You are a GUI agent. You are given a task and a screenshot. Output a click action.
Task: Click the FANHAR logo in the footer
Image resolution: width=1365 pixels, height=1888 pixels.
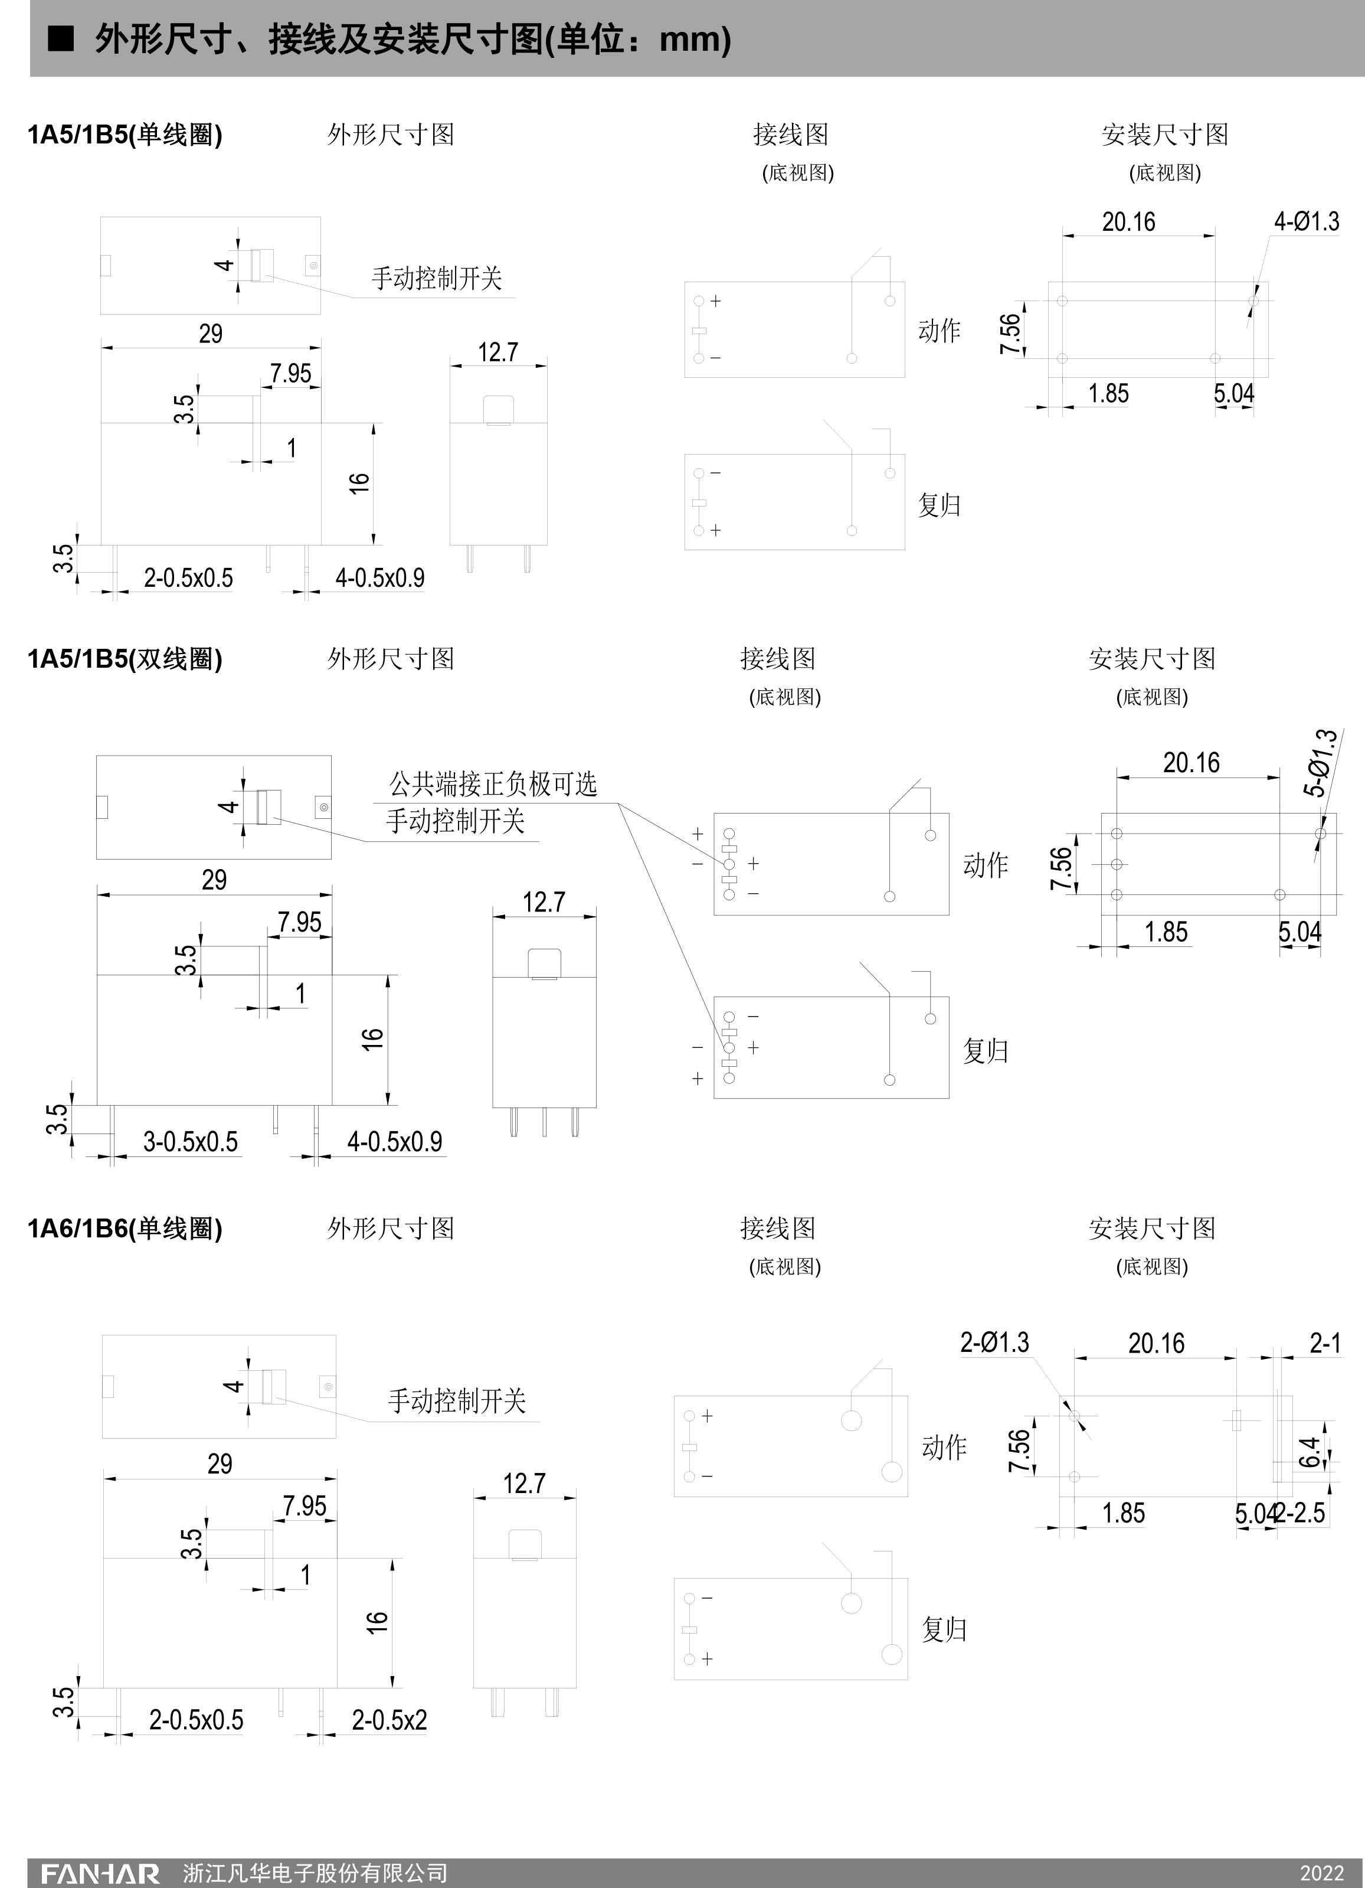coord(100,1873)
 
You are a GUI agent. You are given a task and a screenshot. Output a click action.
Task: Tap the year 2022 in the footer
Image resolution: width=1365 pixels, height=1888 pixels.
coord(1322,1873)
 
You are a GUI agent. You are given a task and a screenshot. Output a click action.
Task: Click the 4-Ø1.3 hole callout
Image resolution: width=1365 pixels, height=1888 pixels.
coord(1306,221)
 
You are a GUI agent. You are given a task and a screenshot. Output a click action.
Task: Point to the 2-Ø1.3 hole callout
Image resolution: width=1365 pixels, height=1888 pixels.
coord(994,1342)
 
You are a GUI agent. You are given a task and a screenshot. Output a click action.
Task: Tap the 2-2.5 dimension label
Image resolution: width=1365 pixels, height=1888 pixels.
coord(1302,1513)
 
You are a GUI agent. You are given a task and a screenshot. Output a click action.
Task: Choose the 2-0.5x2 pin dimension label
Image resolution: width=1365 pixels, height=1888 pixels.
coord(389,1720)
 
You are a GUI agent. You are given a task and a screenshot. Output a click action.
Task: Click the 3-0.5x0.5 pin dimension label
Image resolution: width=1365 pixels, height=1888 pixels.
coord(191,1141)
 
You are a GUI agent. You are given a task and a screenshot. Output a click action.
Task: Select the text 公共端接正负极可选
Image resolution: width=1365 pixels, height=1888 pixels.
coord(493,783)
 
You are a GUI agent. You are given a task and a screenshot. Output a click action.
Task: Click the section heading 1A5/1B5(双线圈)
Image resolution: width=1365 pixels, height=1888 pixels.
coord(125,658)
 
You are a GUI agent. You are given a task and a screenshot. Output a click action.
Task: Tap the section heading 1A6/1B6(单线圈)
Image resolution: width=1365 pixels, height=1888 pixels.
coord(125,1228)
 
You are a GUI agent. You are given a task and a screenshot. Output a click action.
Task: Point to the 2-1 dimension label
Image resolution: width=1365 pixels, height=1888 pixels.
coord(1325,1342)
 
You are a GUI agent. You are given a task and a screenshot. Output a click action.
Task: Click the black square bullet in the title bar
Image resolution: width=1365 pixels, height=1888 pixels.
coord(61,38)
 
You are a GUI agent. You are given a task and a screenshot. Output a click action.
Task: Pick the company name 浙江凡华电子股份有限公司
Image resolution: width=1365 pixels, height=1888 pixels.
coord(316,1873)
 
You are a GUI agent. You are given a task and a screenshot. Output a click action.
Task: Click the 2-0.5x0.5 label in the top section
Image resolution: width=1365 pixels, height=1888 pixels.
coord(188,578)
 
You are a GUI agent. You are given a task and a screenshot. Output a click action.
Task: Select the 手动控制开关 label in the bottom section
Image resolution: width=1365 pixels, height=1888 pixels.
coord(456,1401)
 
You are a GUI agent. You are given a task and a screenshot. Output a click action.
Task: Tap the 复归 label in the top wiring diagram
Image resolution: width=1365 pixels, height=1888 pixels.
coord(939,504)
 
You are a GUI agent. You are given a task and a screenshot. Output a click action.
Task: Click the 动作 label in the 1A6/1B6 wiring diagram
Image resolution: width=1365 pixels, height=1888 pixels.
coord(944,1448)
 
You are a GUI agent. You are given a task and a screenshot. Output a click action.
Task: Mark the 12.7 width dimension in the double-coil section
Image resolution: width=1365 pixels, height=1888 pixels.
coord(544,902)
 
